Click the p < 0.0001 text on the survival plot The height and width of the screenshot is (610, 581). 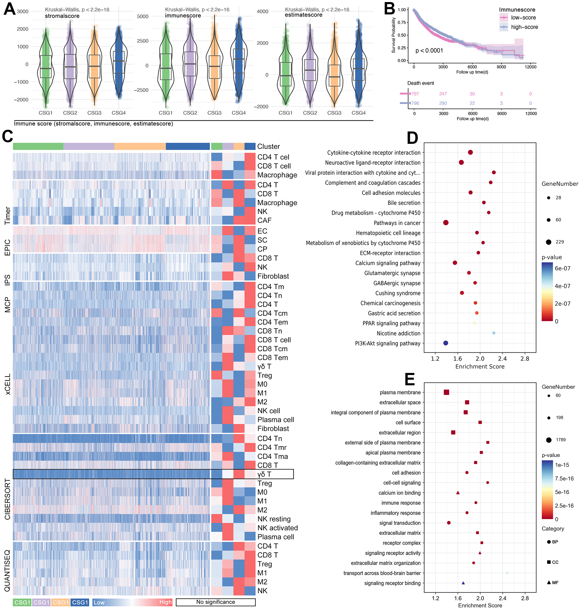[x=429, y=50]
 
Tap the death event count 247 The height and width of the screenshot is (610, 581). [x=443, y=94]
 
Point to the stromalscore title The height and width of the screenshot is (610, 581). [x=62, y=16]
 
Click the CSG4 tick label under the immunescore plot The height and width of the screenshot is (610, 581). [x=239, y=113]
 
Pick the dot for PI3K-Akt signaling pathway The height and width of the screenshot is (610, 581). [x=446, y=343]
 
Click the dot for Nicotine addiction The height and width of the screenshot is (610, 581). [x=494, y=333]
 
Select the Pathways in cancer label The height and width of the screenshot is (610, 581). [x=397, y=223]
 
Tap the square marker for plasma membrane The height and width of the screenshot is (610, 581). [x=446, y=392]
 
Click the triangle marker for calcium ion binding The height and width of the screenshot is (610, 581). [x=458, y=493]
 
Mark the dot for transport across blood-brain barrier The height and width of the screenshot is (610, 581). [x=507, y=573]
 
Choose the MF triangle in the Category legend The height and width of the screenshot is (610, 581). [x=549, y=582]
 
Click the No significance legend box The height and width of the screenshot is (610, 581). [x=216, y=602]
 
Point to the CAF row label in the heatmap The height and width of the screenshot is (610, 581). [x=264, y=221]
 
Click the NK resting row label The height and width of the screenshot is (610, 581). [x=274, y=519]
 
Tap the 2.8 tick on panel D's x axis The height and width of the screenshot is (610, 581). [x=525, y=359]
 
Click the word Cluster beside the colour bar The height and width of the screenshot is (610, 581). [x=268, y=147]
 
